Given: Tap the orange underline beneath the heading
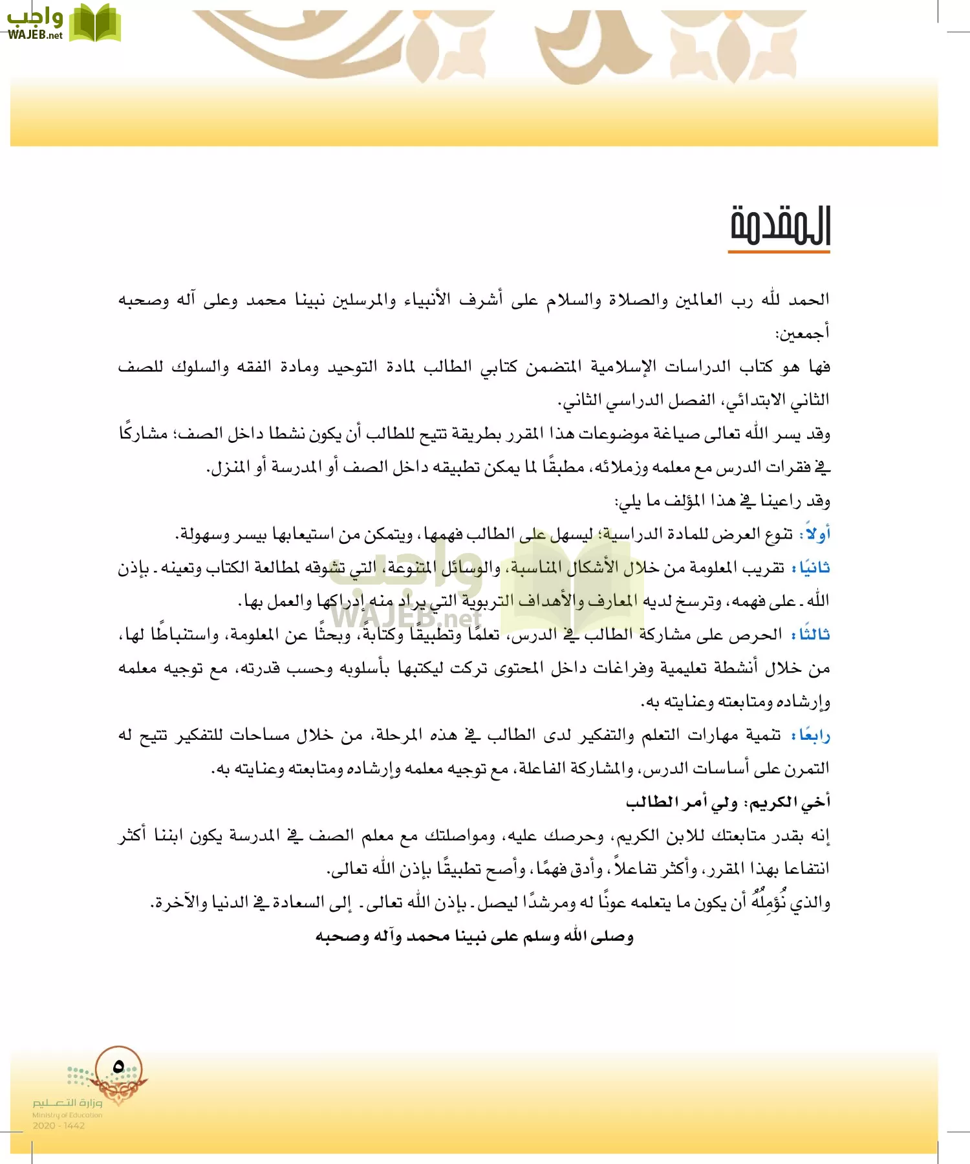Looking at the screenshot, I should tap(779, 251).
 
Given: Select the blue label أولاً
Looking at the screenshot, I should tap(815, 534).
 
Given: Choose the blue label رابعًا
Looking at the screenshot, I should tap(814, 735).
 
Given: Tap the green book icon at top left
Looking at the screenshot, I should tap(95, 23).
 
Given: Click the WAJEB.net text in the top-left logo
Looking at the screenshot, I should tap(35, 35).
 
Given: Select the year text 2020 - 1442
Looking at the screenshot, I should tap(59, 1126).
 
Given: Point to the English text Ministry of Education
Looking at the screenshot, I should tap(67, 1115).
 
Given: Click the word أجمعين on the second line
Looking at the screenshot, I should tap(802, 334).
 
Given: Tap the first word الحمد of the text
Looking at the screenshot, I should tap(809, 300).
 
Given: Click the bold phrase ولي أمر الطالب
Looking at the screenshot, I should tap(682, 803).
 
